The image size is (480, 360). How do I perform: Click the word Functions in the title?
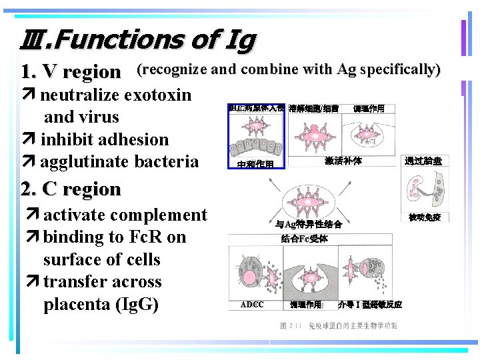pyautogui.click(x=120, y=41)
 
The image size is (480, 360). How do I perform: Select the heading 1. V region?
pyautogui.click(x=71, y=71)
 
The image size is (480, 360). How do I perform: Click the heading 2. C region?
pyautogui.click(x=71, y=189)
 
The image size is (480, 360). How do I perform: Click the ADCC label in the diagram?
pyautogui.click(x=251, y=305)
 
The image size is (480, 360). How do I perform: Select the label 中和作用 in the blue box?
pyautogui.click(x=255, y=164)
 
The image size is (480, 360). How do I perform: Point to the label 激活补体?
pyautogui.click(x=343, y=161)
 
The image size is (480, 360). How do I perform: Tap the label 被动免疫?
pyautogui.click(x=425, y=217)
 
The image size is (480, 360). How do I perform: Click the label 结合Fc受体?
pyautogui.click(x=304, y=239)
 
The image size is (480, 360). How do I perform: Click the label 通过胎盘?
pyautogui.click(x=423, y=161)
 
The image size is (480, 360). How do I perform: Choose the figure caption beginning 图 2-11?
pyautogui.click(x=339, y=326)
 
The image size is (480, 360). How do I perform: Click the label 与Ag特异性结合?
pyautogui.click(x=309, y=225)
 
